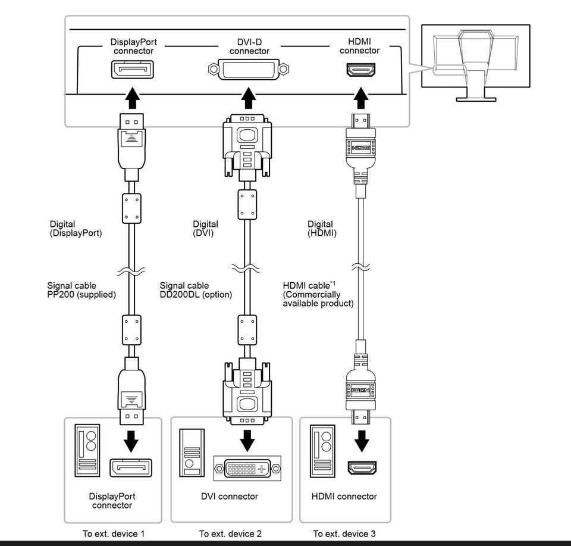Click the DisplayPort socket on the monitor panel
tap(132, 70)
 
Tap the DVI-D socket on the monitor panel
tap(249, 71)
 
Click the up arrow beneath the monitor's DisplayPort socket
tap(132, 98)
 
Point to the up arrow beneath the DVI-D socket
tap(249, 98)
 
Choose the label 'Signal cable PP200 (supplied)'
tap(81, 290)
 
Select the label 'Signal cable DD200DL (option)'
tap(196, 290)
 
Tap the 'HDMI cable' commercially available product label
tap(318, 294)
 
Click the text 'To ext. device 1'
tap(114, 533)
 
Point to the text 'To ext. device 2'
tap(230, 533)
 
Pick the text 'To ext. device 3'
tap(344, 533)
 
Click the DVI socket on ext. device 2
tap(249, 468)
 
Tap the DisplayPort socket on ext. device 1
tap(131, 467)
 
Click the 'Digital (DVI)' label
tap(205, 229)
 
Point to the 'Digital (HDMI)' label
tap(322, 229)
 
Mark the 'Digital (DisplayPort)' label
tap(76, 229)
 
